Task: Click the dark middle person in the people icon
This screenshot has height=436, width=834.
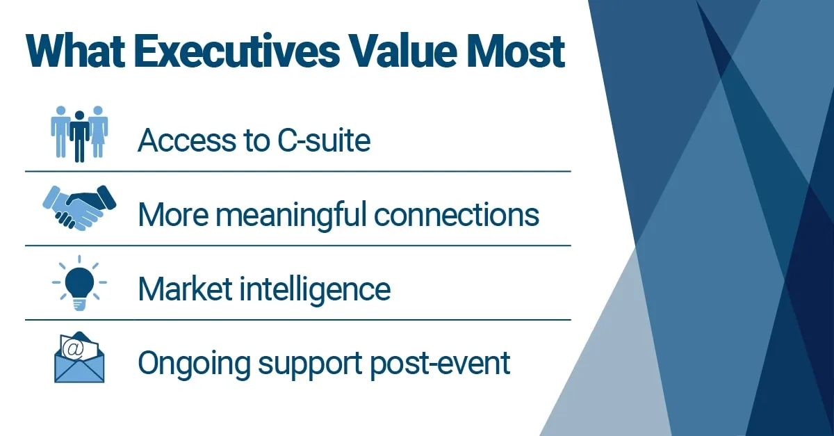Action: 79,136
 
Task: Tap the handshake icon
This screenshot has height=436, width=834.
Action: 79,207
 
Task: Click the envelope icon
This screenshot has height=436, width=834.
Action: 79,357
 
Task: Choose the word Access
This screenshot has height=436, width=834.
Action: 177,140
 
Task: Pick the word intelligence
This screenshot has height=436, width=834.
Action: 313,289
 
